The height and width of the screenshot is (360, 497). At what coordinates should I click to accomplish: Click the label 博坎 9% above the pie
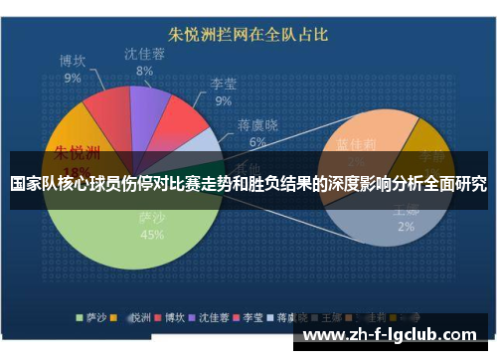point(75,69)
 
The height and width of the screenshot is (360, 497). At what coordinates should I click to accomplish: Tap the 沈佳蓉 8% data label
point(145,62)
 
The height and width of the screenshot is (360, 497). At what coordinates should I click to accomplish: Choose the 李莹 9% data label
point(224,92)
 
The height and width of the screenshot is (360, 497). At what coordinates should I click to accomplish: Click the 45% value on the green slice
point(152,236)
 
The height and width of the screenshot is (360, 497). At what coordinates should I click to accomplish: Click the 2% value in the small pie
point(407,227)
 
